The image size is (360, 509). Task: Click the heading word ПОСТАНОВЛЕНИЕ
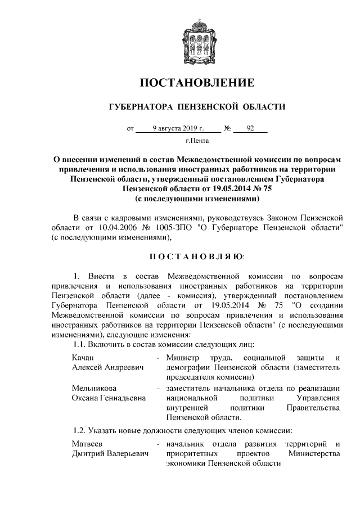(197, 83)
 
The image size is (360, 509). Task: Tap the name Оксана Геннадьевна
(109, 398)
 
